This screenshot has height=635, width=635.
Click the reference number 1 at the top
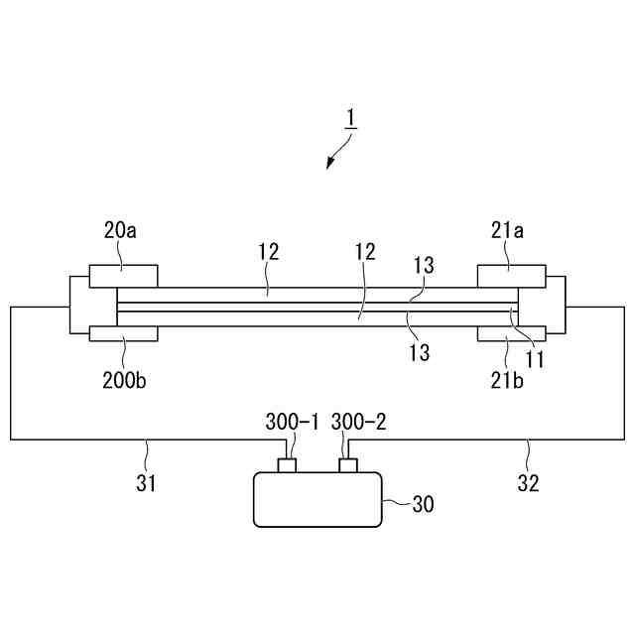[350, 120]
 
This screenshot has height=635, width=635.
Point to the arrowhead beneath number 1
[331, 164]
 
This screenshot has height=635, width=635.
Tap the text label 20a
[119, 231]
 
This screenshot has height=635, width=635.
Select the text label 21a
[508, 231]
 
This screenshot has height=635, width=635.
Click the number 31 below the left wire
[147, 483]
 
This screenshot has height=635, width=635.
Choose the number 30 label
[422, 504]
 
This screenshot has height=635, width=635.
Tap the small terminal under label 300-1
[288, 465]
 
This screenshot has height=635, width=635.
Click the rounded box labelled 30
[317, 499]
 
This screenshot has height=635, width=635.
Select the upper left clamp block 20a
[122, 276]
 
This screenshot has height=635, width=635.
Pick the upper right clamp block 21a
[511, 276]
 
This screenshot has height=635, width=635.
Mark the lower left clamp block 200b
[122, 332]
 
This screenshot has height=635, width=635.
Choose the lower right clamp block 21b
[511, 332]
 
